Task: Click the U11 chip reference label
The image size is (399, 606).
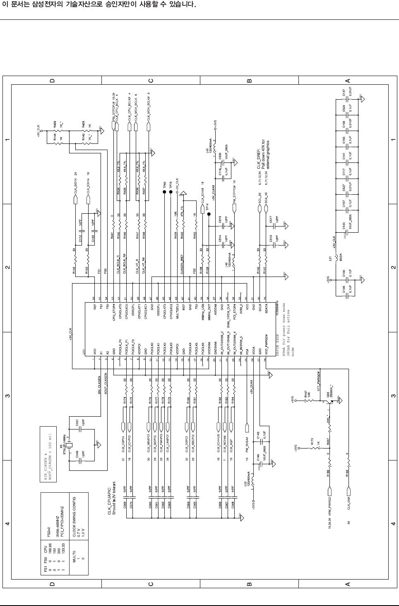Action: pos(84,352)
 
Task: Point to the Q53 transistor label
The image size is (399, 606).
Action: pos(328,394)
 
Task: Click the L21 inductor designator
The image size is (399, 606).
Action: pos(330,259)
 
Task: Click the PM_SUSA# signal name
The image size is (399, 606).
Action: pos(247,442)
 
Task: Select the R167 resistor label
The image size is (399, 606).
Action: pos(305,394)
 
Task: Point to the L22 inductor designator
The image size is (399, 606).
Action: pos(245,484)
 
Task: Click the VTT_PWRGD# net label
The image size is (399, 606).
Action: pos(318,381)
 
